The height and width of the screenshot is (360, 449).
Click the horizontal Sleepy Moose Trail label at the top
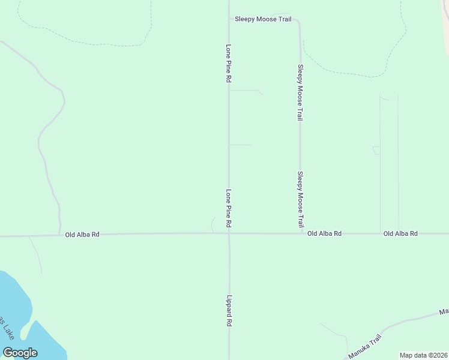pyautogui.click(x=263, y=19)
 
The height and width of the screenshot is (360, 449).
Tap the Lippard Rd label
pyautogui.click(x=229, y=310)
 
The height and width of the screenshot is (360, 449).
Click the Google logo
pyautogui.click(x=20, y=353)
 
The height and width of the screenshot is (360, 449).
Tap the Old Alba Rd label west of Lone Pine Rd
pyautogui.click(x=82, y=235)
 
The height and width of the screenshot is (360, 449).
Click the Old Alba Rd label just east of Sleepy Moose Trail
pyautogui.click(x=324, y=233)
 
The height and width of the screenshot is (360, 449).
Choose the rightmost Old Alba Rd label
pyautogui.click(x=400, y=233)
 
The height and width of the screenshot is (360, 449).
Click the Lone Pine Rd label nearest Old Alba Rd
pyautogui.click(x=229, y=208)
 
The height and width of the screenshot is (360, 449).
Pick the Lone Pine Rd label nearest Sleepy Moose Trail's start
pyautogui.click(x=229, y=62)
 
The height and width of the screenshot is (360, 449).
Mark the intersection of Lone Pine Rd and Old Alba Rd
pyautogui.click(x=229, y=233)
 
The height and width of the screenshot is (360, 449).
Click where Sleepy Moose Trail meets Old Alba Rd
pyautogui.click(x=300, y=233)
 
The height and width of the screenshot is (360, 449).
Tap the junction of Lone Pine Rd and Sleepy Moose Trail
pyautogui.click(x=229, y=19)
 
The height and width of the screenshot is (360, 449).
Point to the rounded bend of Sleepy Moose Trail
pyautogui.click(x=298, y=22)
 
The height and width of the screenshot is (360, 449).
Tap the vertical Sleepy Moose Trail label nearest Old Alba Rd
pyautogui.click(x=300, y=199)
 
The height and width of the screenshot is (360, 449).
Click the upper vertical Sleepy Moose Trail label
pyautogui.click(x=300, y=93)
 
